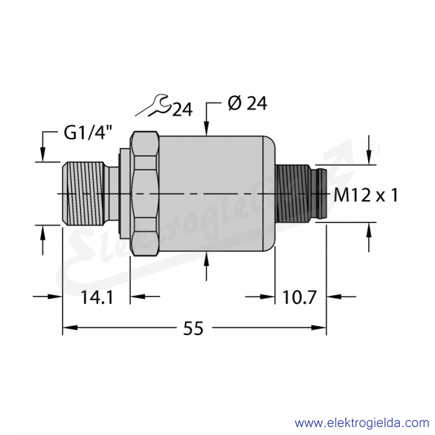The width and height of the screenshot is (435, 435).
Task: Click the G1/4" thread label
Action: [88, 133]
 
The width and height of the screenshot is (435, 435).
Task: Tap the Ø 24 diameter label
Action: [247, 103]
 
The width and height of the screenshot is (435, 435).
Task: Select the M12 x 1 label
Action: [366, 195]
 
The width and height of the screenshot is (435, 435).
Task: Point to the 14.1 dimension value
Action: [97, 297]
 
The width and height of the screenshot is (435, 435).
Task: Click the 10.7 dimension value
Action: [300, 297]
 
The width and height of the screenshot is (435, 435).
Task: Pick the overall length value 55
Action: [194, 328]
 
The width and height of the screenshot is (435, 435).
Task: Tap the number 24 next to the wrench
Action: [182, 110]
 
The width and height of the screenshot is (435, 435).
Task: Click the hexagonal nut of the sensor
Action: [144, 194]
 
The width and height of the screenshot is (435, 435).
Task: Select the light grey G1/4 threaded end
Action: [83, 194]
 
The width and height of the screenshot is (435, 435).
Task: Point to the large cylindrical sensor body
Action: [214, 194]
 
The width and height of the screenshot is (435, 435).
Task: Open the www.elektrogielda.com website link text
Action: [362, 423]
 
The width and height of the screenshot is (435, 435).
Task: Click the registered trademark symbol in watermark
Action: [370, 150]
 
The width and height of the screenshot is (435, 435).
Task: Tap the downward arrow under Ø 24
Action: [207, 119]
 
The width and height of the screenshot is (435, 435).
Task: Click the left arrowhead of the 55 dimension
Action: [70, 328]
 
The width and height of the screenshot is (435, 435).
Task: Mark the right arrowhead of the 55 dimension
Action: [319, 328]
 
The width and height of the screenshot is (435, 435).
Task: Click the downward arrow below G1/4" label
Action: [43, 147]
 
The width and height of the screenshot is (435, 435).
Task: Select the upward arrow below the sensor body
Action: [207, 266]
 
